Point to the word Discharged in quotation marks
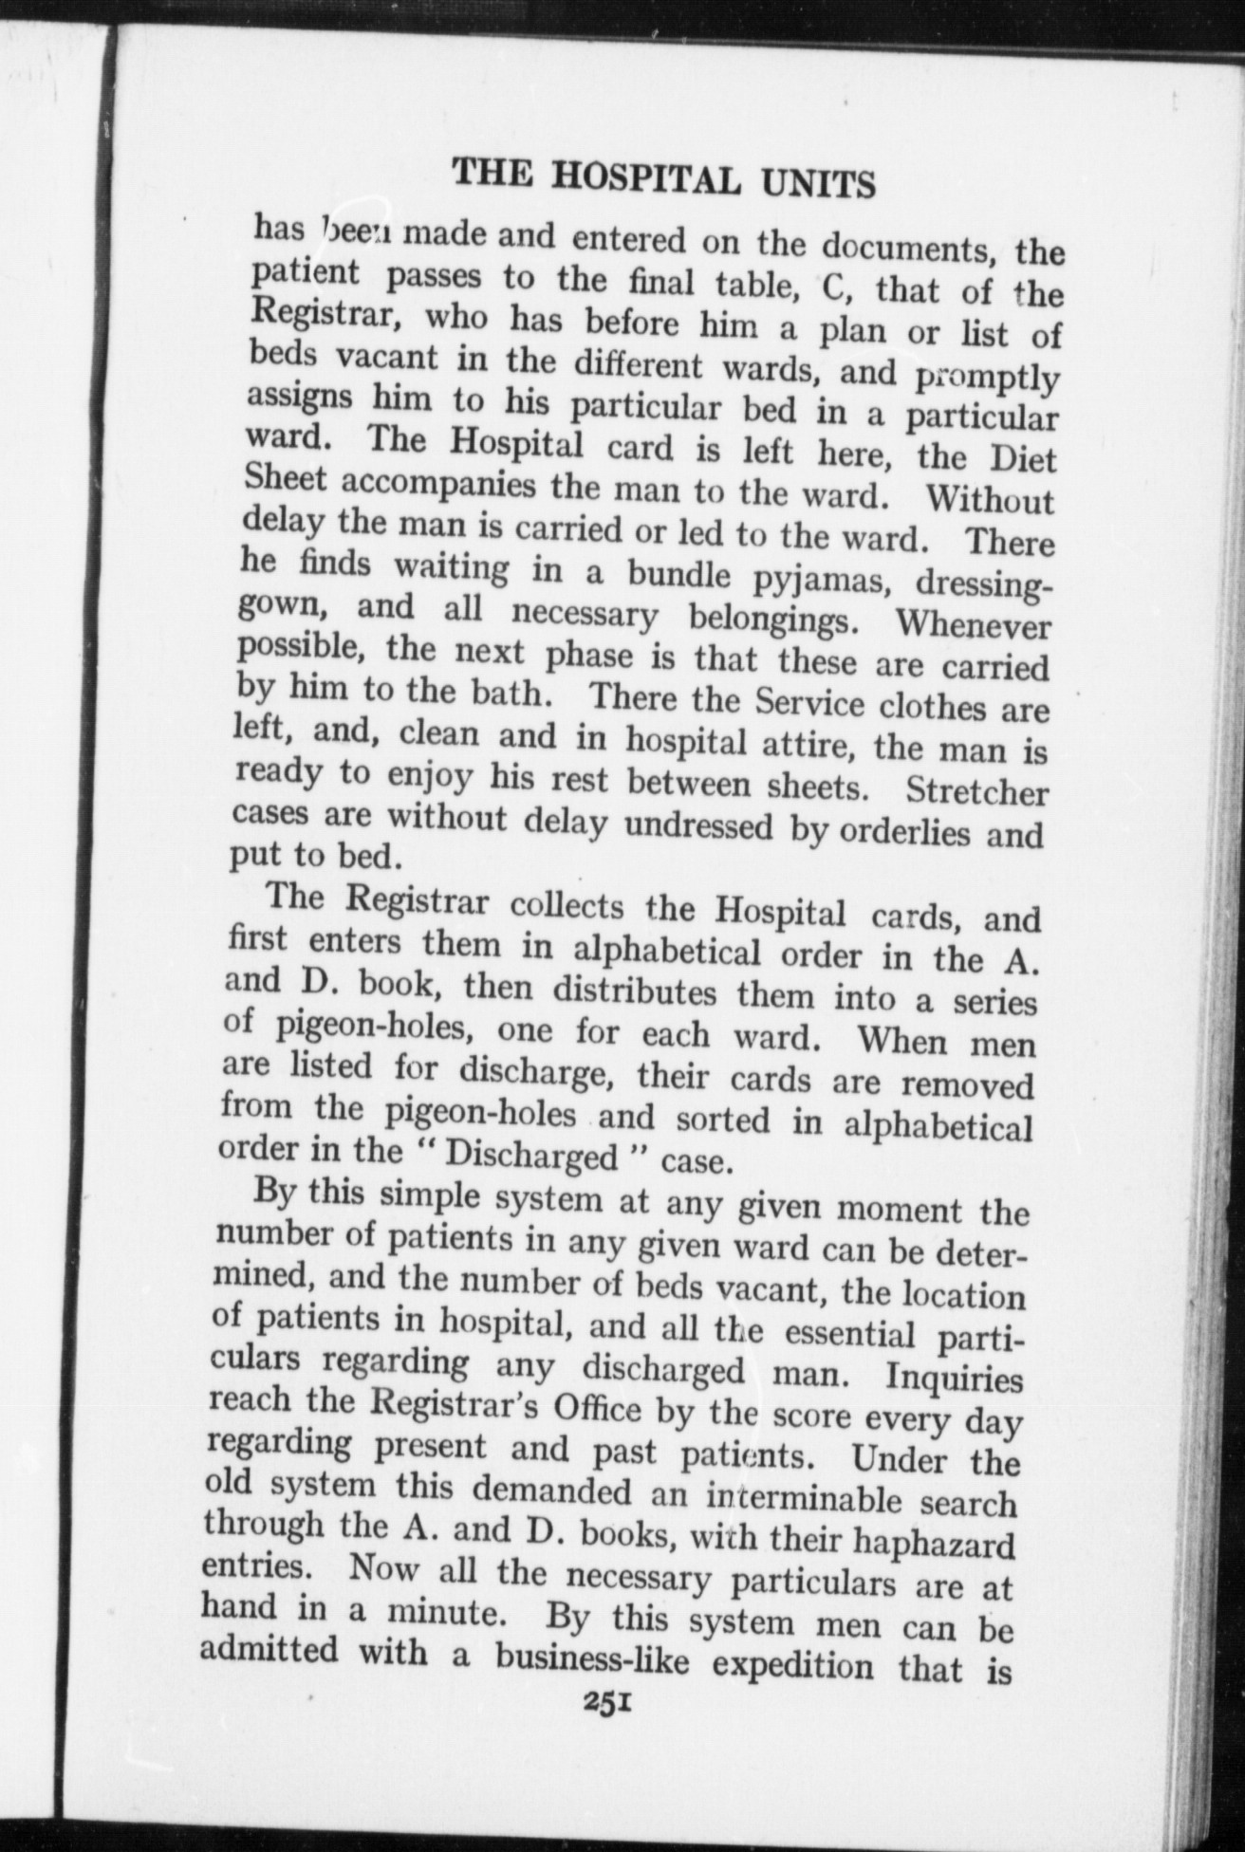point(531,1157)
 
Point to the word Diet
point(1023,459)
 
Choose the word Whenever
point(973,625)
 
